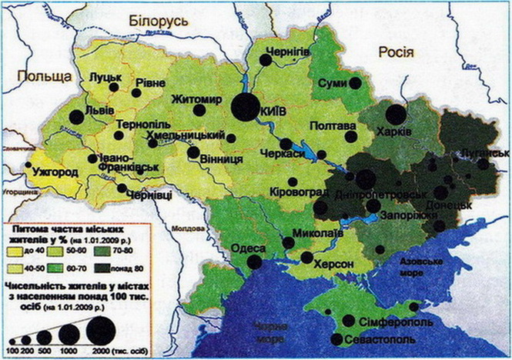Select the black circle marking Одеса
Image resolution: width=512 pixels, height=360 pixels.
254,262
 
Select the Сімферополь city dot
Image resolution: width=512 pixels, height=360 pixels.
349,321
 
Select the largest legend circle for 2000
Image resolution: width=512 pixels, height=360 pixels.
102,331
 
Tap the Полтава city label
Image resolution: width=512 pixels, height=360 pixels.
332,126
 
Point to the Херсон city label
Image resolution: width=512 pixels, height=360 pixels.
333,264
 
